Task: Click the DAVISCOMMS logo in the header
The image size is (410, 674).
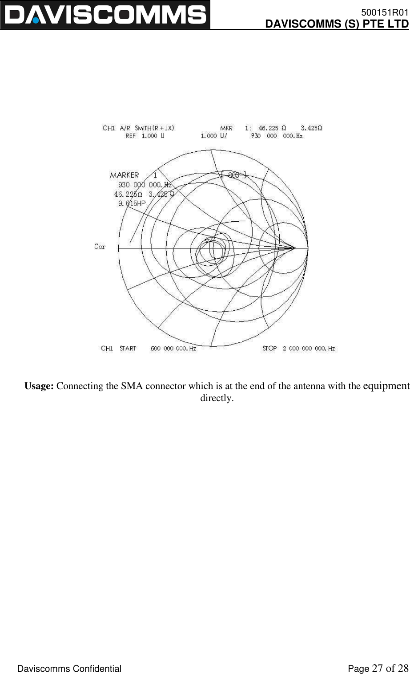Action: pyautogui.click(x=105, y=15)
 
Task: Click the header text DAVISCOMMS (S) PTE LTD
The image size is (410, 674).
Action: pyautogui.click(x=337, y=23)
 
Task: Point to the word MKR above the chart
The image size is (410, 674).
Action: pyautogui.click(x=226, y=128)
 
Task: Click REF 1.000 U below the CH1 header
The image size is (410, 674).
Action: pyautogui.click(x=145, y=136)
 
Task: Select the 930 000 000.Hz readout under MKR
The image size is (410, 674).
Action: pyautogui.click(x=277, y=136)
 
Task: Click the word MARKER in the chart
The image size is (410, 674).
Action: pyautogui.click(x=124, y=175)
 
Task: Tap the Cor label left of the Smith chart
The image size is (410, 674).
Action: pyautogui.click(x=100, y=247)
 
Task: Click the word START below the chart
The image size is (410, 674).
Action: pyautogui.click(x=128, y=349)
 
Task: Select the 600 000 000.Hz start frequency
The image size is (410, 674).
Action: pyautogui.click(x=173, y=349)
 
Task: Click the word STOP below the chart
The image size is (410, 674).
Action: pyautogui.click(x=269, y=349)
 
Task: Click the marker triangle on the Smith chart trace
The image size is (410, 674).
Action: pyautogui.click(x=207, y=240)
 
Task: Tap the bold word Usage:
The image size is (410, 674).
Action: pyautogui.click(x=39, y=386)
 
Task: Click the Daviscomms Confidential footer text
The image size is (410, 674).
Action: pyautogui.click(x=69, y=669)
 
